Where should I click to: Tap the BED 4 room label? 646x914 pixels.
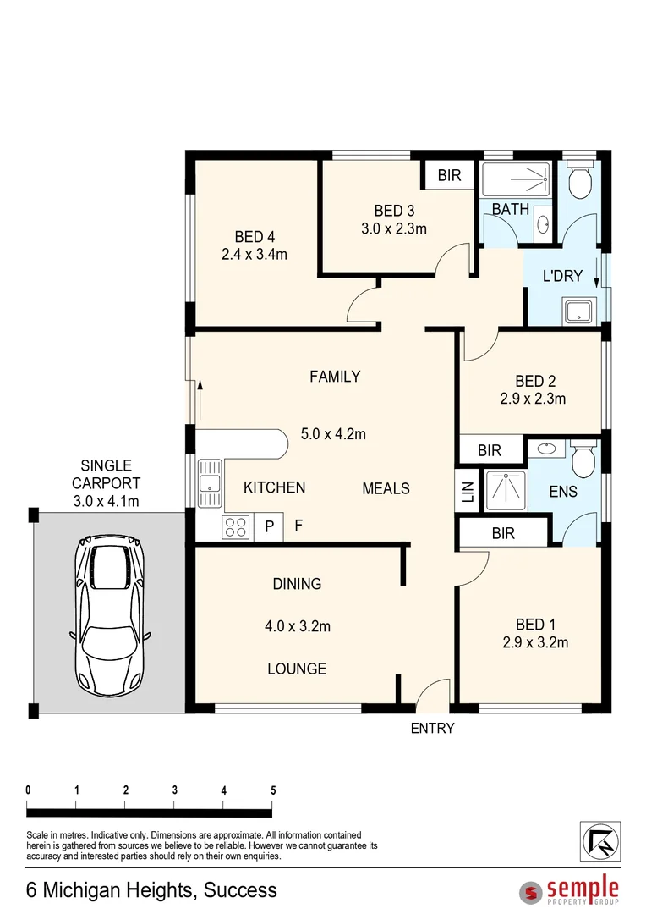click(255, 237)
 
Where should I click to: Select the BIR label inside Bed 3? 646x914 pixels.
click(449, 176)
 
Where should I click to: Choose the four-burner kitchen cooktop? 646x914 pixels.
click(236, 527)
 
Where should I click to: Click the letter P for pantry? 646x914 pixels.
click(270, 526)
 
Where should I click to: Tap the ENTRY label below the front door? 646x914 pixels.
click(432, 728)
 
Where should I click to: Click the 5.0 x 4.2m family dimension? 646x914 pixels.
click(333, 434)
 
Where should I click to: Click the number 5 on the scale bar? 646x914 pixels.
click(272, 790)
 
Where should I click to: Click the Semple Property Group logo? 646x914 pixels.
click(570, 890)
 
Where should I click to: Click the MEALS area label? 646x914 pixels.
click(386, 488)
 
